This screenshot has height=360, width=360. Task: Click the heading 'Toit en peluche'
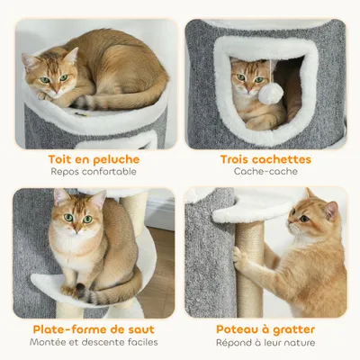pos(94,159)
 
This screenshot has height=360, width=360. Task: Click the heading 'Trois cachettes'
pos(265,159)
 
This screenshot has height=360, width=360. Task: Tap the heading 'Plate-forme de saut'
pos(94,329)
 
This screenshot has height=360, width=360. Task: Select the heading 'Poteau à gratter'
pos(265,329)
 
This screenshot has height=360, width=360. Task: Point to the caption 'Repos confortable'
pos(94,171)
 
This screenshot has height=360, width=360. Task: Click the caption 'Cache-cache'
pos(265,171)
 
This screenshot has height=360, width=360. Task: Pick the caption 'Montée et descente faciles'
pos(94,342)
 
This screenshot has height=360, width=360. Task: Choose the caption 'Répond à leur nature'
pos(265,342)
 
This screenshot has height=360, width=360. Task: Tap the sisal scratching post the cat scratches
pos(249,279)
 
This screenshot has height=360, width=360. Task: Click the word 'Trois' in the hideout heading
pos(238,159)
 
